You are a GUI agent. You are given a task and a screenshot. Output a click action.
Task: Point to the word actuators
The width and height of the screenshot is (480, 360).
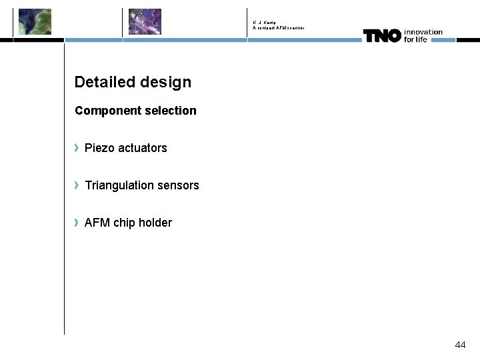143,148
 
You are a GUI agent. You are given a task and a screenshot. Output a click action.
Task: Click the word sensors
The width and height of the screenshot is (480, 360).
178,185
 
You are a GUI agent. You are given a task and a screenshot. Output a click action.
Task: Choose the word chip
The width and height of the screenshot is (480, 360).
124,223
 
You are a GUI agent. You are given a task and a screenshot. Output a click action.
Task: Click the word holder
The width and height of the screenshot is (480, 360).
155,223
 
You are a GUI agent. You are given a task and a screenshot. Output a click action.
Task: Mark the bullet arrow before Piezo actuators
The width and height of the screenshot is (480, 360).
77,147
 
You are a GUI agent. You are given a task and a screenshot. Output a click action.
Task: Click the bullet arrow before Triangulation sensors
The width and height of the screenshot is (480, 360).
77,185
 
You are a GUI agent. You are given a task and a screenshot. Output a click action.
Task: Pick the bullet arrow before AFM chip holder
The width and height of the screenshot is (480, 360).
77,222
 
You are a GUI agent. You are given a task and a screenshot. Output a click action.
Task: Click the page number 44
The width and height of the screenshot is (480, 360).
460,345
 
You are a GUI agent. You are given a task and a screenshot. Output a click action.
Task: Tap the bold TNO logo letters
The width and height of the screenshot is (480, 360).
382,36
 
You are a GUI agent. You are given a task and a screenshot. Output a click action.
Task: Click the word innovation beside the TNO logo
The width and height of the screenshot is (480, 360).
423,31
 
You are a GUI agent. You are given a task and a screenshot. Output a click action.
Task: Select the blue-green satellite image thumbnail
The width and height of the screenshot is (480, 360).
35,21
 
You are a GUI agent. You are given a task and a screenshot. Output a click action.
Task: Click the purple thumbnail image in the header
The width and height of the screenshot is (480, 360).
145,21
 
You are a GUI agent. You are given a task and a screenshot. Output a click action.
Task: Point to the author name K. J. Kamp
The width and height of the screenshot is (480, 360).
265,23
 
